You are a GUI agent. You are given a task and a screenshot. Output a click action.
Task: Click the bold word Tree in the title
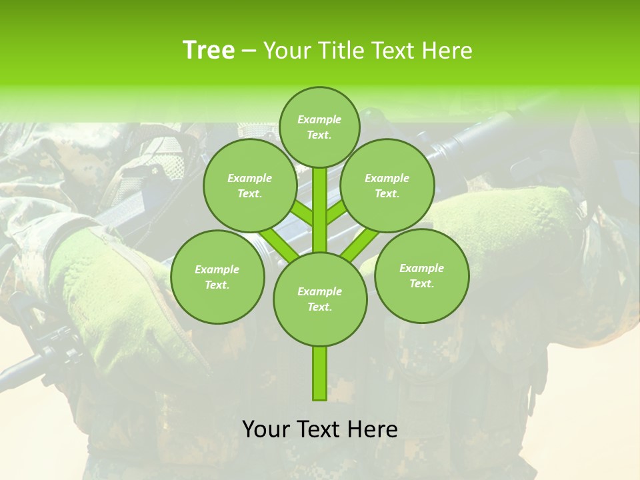point(209,50)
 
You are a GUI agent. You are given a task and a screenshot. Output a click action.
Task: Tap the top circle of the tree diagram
point(319,127)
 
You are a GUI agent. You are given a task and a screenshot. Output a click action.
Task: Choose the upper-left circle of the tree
point(249,186)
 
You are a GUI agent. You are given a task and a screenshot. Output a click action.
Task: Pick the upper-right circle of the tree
point(387,186)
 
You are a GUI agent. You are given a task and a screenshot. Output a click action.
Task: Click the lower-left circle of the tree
point(217,277)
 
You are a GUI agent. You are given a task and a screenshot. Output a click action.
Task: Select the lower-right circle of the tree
point(421,276)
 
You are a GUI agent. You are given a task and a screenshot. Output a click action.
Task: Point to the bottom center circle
point(320,299)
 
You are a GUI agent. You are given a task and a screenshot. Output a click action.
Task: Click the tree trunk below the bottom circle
point(320,373)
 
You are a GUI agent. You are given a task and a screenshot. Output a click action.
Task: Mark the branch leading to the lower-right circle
point(360,245)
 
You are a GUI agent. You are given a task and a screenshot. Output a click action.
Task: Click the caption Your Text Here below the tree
point(320,429)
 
